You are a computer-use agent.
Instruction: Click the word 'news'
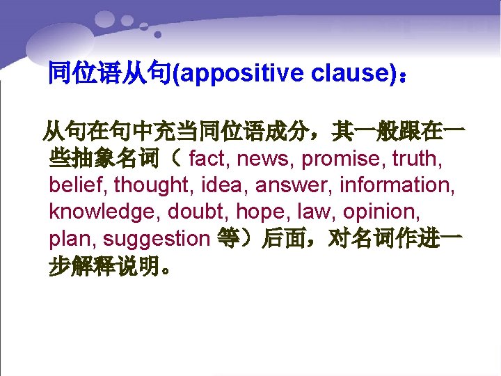[x=266, y=159]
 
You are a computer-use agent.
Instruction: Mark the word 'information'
[x=393, y=185]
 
